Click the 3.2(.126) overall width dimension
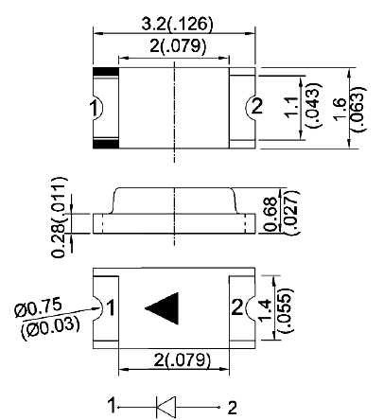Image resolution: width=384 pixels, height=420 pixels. point(177,24)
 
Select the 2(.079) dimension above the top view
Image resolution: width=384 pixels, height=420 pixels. point(178,46)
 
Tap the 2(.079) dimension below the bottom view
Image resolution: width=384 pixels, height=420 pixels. point(182,359)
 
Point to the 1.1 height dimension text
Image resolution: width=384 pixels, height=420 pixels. point(291,107)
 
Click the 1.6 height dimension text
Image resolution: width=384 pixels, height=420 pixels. point(340,109)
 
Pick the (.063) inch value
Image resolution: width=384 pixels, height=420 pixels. point(358,109)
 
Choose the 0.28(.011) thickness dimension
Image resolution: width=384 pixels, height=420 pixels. point(59,218)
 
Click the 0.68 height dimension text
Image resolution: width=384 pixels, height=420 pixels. point(271,214)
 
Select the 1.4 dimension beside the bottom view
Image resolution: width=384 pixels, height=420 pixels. point(264,310)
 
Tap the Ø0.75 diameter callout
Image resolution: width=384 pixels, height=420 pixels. point(38,308)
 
